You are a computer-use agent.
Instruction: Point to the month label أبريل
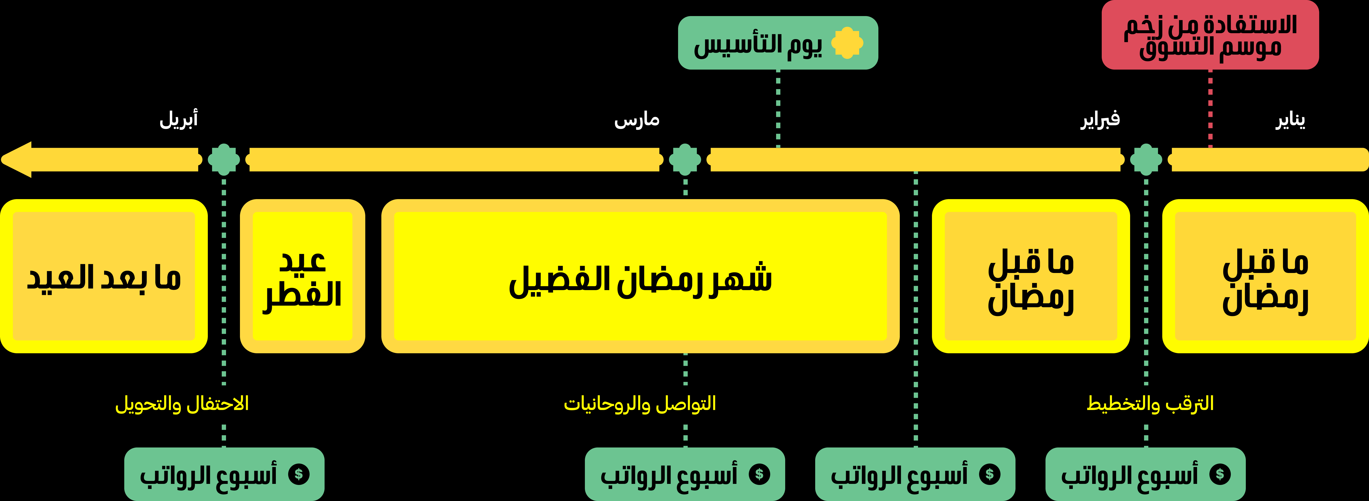click(179, 119)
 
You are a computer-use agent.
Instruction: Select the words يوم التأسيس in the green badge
click(758, 45)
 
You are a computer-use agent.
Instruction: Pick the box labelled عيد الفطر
click(302, 276)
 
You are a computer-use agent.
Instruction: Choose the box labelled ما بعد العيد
click(104, 276)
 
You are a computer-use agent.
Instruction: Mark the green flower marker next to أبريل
click(224, 160)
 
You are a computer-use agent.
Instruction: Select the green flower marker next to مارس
click(685, 160)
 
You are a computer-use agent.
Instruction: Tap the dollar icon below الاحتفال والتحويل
click(299, 474)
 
